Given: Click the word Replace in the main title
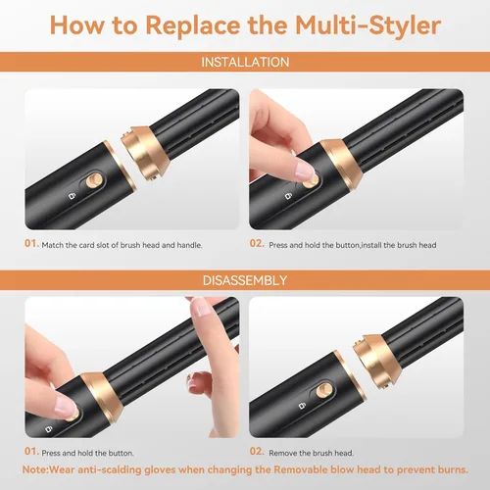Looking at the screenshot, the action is coord(193,26).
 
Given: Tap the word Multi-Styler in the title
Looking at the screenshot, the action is coord(368,26).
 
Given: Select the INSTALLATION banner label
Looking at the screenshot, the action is coord(245,62).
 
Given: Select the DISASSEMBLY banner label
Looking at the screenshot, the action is coord(245,280).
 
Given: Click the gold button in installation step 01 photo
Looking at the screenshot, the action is coord(94,180).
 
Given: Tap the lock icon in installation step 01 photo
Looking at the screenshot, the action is coord(72,196).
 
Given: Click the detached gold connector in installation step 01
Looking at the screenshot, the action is coord(145,153).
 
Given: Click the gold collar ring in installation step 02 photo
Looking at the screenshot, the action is coord(341,164).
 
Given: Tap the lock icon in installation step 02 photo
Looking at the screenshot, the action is coord(288,196).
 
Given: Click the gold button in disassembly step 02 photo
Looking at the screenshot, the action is coord(324,390).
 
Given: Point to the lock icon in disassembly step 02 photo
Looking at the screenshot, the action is coord(302,406).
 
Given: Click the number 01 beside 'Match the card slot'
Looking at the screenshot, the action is coord(31,243).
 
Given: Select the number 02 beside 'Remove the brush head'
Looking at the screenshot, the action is coord(257,452).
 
